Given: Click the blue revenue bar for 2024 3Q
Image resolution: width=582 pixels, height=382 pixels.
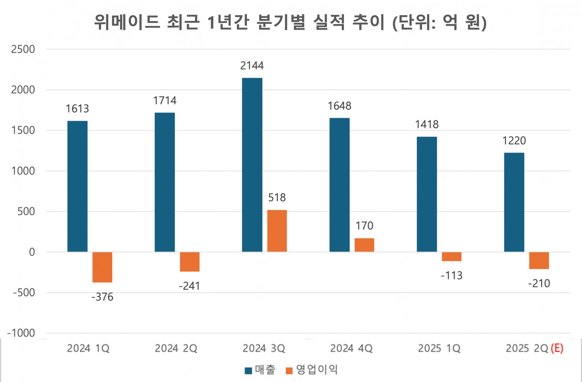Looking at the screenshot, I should (x=252, y=165).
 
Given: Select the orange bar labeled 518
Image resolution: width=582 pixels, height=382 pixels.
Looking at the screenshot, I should (x=277, y=231).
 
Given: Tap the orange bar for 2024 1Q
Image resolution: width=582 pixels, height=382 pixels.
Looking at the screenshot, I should (x=102, y=267).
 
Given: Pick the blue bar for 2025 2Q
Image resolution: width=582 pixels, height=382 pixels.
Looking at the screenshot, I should (x=514, y=202).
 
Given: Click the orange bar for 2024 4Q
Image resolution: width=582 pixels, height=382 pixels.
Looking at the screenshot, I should (x=364, y=245).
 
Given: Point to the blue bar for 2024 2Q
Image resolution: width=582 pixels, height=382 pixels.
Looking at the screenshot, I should (x=165, y=182).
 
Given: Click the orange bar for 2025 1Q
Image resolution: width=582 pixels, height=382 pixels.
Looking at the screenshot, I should (x=452, y=257).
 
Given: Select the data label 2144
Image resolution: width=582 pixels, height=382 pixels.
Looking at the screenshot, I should (x=252, y=66).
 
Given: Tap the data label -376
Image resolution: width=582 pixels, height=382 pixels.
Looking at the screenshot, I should (x=102, y=297).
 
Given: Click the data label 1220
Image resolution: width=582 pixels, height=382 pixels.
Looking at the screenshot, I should (x=514, y=141).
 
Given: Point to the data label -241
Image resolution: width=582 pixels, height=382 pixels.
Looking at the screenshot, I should (x=189, y=286).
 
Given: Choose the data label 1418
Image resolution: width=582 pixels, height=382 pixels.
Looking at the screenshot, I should (x=427, y=124).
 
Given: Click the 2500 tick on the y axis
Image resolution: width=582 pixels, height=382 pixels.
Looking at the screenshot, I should (x=23, y=49).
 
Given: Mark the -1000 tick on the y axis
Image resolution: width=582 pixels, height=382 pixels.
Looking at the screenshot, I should (x=21, y=333).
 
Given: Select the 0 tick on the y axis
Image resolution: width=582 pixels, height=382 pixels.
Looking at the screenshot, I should (x=32, y=252).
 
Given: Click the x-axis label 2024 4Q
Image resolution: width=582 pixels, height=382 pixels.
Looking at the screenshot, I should (x=352, y=348).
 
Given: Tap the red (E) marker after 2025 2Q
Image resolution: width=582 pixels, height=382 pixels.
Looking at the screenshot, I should (x=557, y=348).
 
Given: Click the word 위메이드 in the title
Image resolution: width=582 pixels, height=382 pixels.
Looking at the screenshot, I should (x=127, y=22).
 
